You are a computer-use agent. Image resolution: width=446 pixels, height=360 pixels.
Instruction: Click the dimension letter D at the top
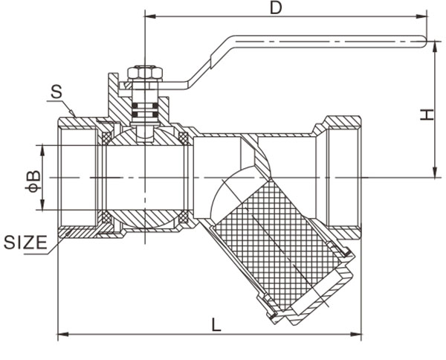point(276,8)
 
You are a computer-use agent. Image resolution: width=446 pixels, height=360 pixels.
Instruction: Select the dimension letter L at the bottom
point(215,325)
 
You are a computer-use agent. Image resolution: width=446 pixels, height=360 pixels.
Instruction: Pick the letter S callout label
point(56,93)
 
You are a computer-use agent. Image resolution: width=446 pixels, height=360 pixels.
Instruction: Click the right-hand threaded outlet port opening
point(344,178)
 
